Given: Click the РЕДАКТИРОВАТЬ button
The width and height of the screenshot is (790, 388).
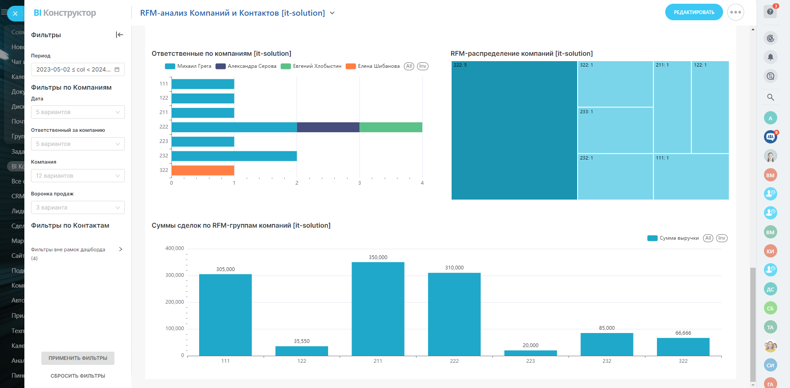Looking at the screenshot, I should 694,12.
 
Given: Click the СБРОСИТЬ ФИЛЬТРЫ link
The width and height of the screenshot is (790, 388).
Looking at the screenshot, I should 78,376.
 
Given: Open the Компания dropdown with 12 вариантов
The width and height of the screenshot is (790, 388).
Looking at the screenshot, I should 78,176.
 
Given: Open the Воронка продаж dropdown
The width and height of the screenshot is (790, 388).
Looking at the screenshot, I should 78,207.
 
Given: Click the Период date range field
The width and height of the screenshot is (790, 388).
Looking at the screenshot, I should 78,69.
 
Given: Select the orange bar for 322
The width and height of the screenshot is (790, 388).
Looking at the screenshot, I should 203,170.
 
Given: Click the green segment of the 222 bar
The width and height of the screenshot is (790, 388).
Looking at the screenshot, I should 391,127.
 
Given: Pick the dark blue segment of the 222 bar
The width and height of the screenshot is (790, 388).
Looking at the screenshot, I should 328,127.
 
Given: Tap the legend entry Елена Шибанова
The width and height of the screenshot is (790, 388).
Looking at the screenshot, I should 378,66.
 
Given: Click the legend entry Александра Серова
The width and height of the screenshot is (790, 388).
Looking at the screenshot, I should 252,66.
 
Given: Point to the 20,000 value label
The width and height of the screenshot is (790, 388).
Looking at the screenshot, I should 531,345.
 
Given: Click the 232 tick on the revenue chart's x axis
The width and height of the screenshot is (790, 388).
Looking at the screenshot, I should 607,361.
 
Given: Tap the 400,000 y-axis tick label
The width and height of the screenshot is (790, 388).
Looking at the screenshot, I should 174,248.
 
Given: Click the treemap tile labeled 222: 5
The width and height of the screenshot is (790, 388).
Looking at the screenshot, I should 514,131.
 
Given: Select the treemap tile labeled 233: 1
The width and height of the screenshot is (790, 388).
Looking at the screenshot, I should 615,130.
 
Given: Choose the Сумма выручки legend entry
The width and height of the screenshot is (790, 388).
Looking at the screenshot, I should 678,238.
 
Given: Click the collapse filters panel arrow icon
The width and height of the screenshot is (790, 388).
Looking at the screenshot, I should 119,35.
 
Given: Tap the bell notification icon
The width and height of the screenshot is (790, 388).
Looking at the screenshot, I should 770,57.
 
